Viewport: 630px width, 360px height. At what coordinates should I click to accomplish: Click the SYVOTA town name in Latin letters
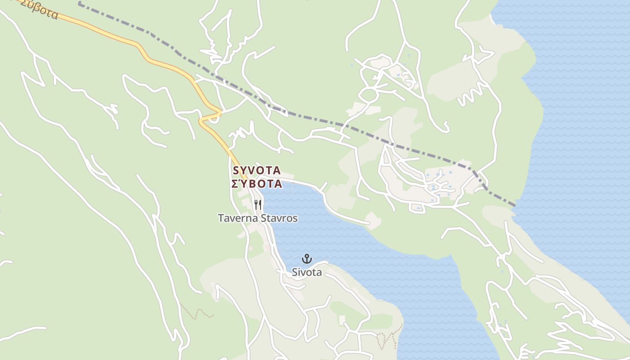[x=257, y=171]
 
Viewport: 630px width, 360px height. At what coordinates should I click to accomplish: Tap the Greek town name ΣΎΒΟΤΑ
[x=257, y=184]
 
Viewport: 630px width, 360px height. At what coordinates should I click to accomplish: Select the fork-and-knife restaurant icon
[x=258, y=205]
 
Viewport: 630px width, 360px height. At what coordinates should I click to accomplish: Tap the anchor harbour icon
[x=307, y=259]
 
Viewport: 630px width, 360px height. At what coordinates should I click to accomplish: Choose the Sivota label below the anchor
[x=307, y=272]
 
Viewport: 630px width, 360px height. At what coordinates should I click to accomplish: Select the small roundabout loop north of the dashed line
[x=368, y=95]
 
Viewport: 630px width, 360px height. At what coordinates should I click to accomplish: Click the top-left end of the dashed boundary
[x=79, y=4]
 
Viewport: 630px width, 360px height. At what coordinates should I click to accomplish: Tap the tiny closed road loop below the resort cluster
[x=417, y=208]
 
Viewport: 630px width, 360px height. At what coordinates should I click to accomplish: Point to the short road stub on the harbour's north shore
[x=324, y=186]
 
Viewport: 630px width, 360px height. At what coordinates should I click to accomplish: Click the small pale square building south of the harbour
[x=342, y=319]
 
